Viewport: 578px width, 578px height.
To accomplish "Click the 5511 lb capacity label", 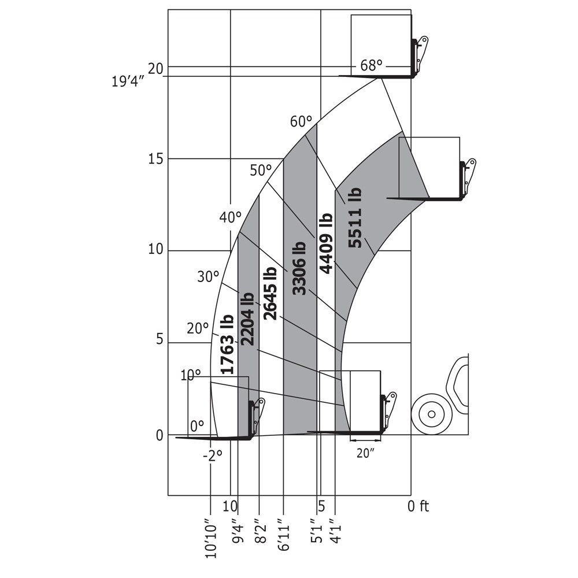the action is [355, 217].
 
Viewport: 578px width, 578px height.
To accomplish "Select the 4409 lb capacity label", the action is [326, 243].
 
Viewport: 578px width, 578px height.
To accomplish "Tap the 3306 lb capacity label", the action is [299, 269].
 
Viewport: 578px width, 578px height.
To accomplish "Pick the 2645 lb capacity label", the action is [270, 293].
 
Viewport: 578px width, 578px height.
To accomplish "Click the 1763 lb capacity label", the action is [227, 344].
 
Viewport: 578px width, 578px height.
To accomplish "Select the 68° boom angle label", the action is [371, 66].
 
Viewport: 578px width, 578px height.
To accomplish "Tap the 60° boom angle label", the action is [301, 121].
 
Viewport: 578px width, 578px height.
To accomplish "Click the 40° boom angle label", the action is [230, 217].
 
